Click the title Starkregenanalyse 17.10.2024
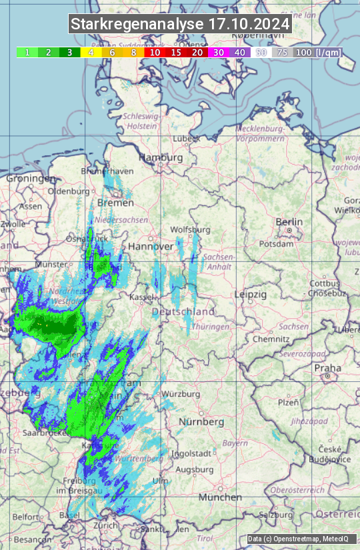pos(180,25)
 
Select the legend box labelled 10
pos(155,52)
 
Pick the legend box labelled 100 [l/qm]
pos(317,52)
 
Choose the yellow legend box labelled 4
pos(91,52)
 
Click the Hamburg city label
pos(161,157)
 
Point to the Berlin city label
pos(289,222)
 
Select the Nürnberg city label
pos(202,422)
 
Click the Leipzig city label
pos(251,294)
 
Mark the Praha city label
pos(327,368)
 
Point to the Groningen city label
pos(31,179)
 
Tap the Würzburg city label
pos(181,394)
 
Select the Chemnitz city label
pos(267,339)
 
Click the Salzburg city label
pos(276,515)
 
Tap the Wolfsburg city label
pos(191,229)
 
